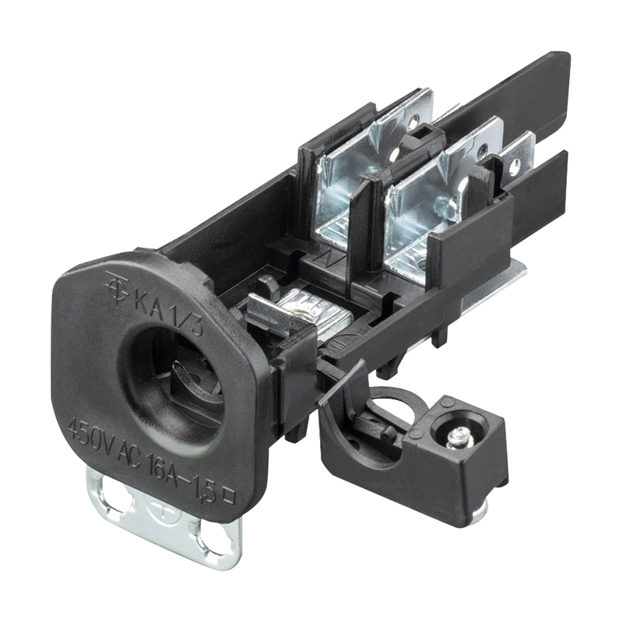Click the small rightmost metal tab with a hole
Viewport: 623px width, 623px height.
[x=515, y=159]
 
